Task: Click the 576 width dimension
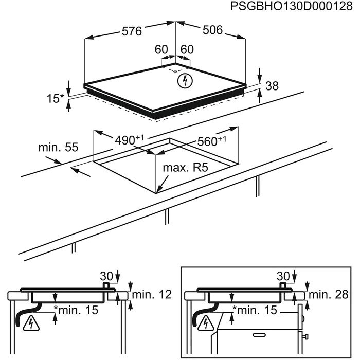point(132,31)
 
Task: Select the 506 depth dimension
point(212,31)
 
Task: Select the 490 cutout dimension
point(126,140)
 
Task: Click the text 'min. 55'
point(58,148)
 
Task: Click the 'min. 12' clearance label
point(151,295)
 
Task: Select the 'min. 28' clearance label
point(326,295)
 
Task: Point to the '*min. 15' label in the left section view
point(77,310)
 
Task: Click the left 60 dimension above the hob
point(161,50)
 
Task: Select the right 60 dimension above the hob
point(187,50)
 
